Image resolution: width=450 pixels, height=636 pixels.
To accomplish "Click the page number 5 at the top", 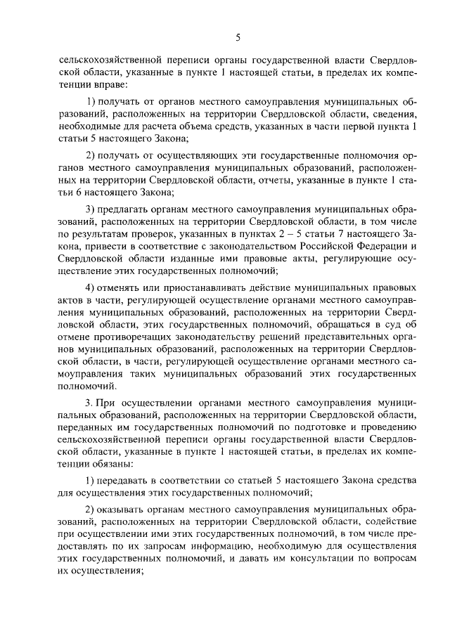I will pos(238,37).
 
